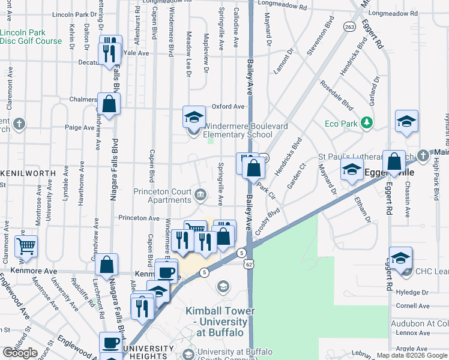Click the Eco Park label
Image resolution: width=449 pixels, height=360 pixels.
pos(341,124)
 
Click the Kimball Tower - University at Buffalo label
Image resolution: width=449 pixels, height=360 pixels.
pos(220,322)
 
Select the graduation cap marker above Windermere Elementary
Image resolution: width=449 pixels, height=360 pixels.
pos(194,116)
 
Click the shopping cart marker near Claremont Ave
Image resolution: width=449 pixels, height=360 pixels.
pos(26,245)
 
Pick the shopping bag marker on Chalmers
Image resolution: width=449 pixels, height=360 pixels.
pos(109,104)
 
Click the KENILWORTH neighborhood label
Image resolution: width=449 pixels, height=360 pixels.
pos(28,173)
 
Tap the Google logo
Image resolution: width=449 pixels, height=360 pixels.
pos(20,353)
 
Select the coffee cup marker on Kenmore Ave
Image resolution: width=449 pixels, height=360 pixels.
pos(166,272)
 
